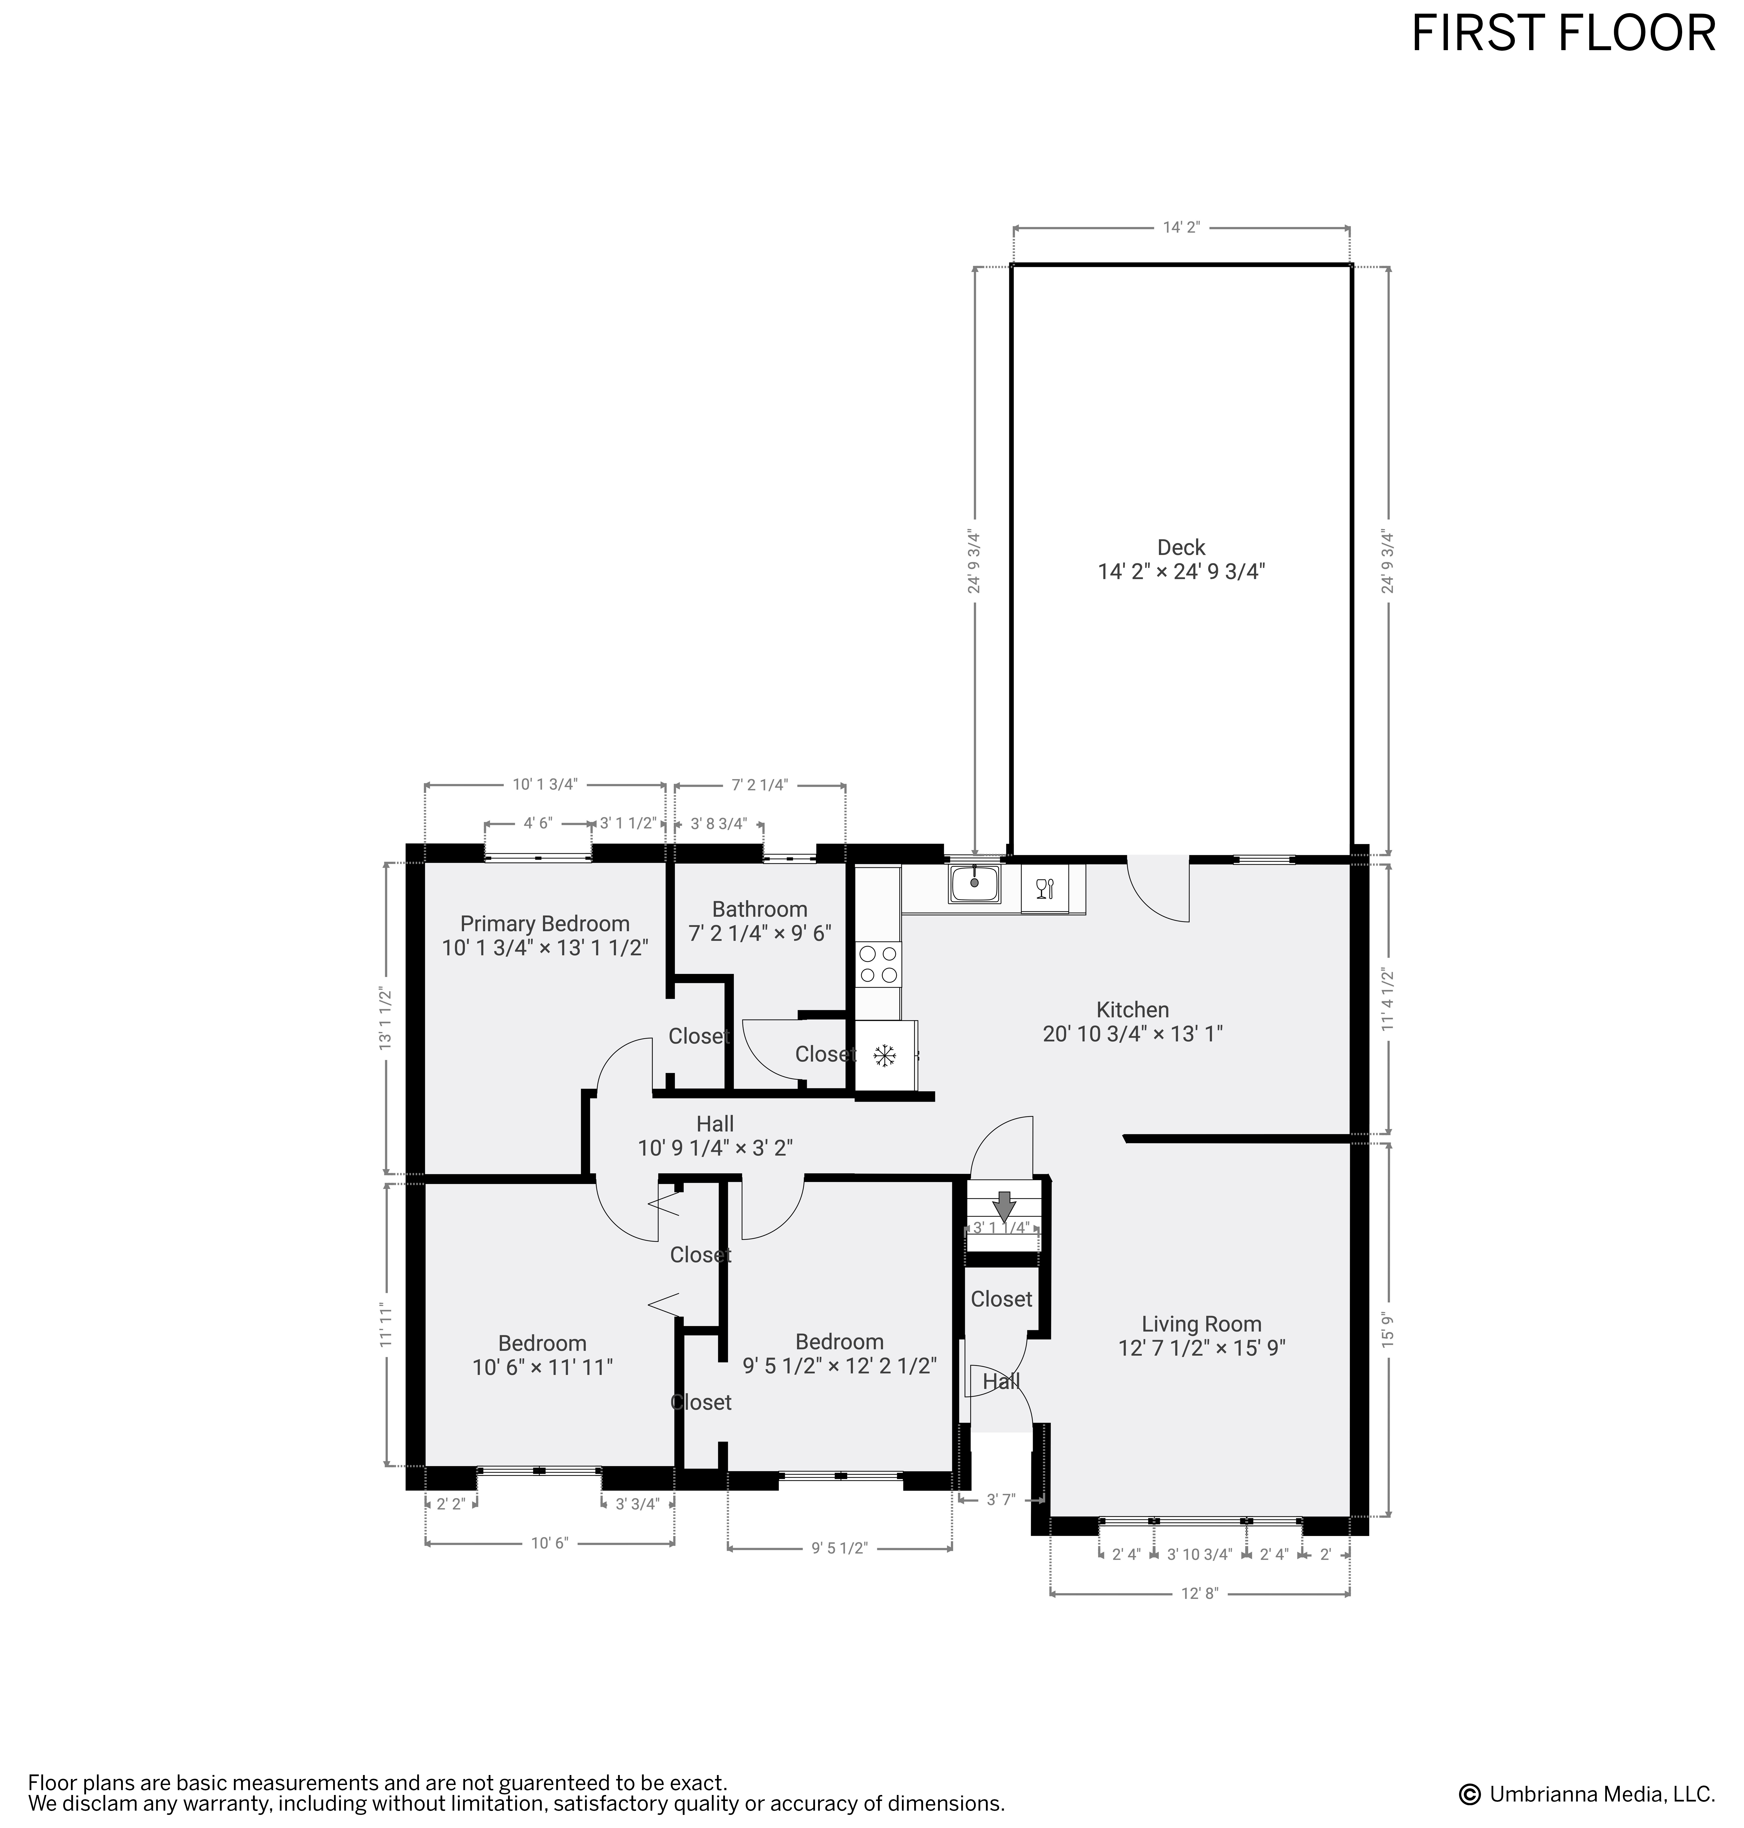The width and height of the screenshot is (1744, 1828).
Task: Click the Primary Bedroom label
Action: (x=545, y=924)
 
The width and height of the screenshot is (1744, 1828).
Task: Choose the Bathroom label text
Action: (x=759, y=909)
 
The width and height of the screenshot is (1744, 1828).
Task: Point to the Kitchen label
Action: (x=1132, y=1009)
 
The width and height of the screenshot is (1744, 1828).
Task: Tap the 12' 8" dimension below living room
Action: (x=1199, y=1593)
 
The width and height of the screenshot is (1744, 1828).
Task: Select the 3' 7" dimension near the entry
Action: (x=1000, y=1499)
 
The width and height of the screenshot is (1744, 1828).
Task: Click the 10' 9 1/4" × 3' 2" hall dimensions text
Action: (x=715, y=1149)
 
